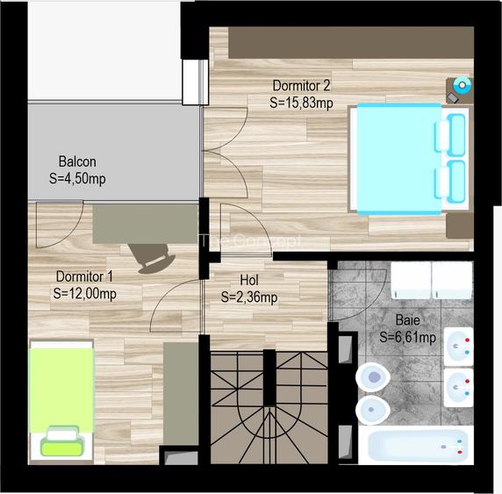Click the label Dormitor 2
(301, 86)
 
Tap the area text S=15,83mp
(301, 103)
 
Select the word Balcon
(77, 161)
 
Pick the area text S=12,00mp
(84, 293)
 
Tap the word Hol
(248, 281)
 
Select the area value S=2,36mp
(249, 297)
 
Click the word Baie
(407, 320)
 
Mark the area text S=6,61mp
(408, 337)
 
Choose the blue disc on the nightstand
(463, 85)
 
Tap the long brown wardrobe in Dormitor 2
(351, 41)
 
